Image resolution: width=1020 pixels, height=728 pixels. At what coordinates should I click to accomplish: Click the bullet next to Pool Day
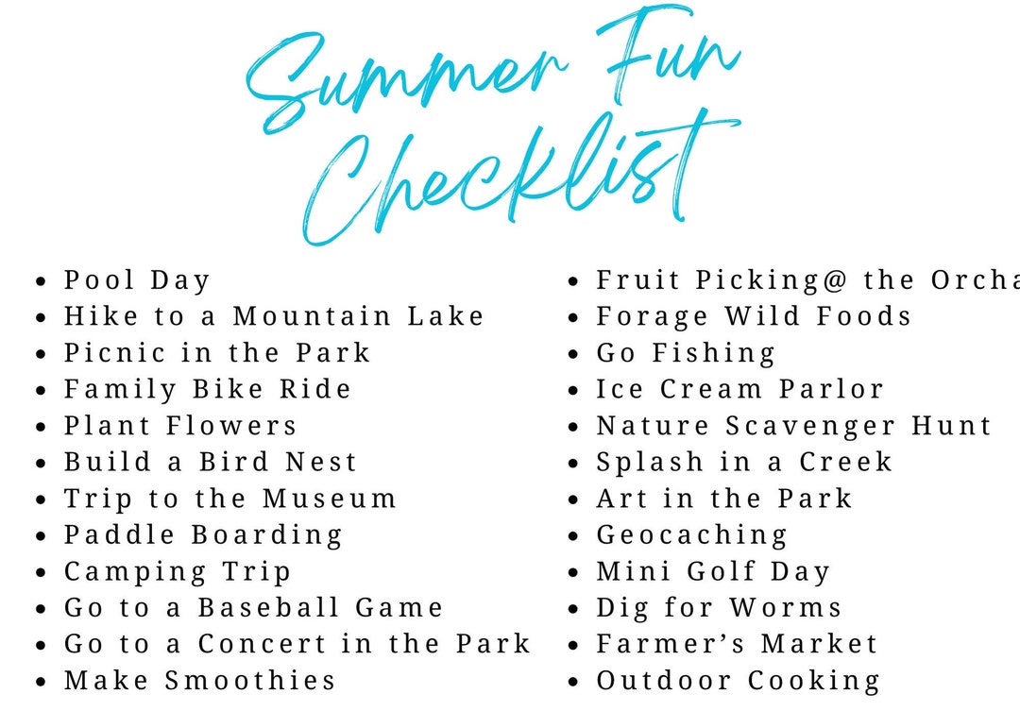pyautogui.click(x=41, y=281)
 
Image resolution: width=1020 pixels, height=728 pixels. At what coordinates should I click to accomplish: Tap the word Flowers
pyautogui.click(x=231, y=426)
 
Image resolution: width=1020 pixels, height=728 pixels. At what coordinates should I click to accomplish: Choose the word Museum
pyautogui.click(x=330, y=499)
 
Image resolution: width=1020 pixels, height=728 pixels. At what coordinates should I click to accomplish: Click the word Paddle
pyautogui.click(x=119, y=535)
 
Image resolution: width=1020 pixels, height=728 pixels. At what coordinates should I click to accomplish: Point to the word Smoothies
pyautogui.click(x=250, y=681)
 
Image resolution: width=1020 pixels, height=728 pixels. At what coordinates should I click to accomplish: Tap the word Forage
pyautogui.click(x=652, y=316)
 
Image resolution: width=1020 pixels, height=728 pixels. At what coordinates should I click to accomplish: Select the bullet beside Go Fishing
pyautogui.click(x=573, y=354)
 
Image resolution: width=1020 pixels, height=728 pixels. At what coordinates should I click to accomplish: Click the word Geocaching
pyautogui.click(x=691, y=535)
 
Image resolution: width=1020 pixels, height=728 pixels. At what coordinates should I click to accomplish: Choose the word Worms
pyautogui.click(x=784, y=608)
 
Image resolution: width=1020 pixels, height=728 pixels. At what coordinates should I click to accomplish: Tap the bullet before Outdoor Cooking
pyautogui.click(x=573, y=682)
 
